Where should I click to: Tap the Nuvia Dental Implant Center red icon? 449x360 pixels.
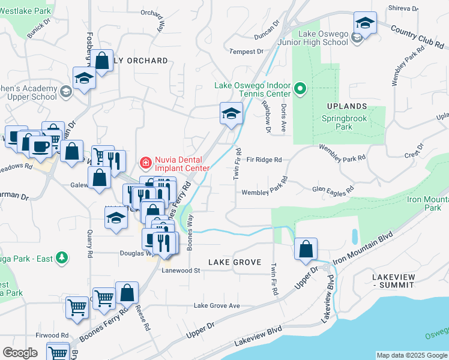(x=145, y=163)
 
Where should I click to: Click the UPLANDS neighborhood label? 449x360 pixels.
(x=346, y=106)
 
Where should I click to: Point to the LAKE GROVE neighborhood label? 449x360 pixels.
(x=235, y=262)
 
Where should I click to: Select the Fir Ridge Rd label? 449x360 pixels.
(x=264, y=160)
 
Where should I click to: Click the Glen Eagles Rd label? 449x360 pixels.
(x=332, y=190)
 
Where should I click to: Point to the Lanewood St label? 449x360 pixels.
(x=180, y=271)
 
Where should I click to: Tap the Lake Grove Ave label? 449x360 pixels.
(x=216, y=306)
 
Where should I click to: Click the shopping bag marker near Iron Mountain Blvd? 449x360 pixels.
(x=306, y=248)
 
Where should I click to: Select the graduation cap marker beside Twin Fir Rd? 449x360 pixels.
(x=231, y=113)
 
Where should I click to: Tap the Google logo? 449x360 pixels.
(x=20, y=353)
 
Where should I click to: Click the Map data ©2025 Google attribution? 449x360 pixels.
(x=411, y=355)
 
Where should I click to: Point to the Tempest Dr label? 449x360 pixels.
(x=243, y=52)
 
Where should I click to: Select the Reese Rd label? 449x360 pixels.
(x=145, y=317)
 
